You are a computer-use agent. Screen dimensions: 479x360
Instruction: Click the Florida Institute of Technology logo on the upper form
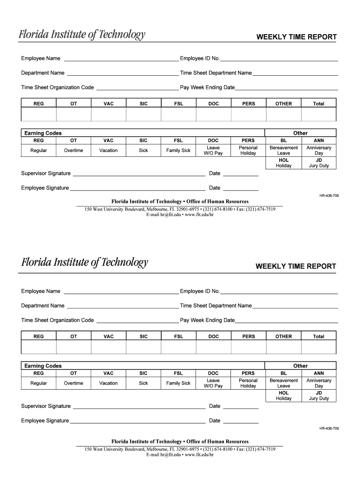point(82,35)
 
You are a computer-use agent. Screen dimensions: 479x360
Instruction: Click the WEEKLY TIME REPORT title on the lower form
point(295,266)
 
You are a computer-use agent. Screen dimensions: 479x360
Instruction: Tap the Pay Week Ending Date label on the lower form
point(207,320)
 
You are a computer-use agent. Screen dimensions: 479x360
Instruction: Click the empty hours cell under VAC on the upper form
point(108,114)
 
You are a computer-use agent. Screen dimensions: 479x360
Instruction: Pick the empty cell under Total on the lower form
point(318,347)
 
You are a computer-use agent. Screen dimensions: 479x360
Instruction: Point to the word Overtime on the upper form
point(73,151)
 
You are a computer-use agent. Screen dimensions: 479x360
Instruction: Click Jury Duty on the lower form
point(318,399)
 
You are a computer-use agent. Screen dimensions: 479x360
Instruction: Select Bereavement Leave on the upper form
point(283,151)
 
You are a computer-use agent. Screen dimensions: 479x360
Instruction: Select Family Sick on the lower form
point(178,383)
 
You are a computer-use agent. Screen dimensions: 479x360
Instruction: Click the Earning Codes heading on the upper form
point(43,133)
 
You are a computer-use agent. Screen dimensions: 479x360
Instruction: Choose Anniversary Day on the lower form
point(318,383)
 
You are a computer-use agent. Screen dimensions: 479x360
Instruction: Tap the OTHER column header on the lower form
point(283,336)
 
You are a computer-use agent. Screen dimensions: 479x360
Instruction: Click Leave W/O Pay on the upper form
point(213,151)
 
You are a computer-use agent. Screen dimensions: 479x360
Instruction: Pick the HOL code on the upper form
point(283,160)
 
